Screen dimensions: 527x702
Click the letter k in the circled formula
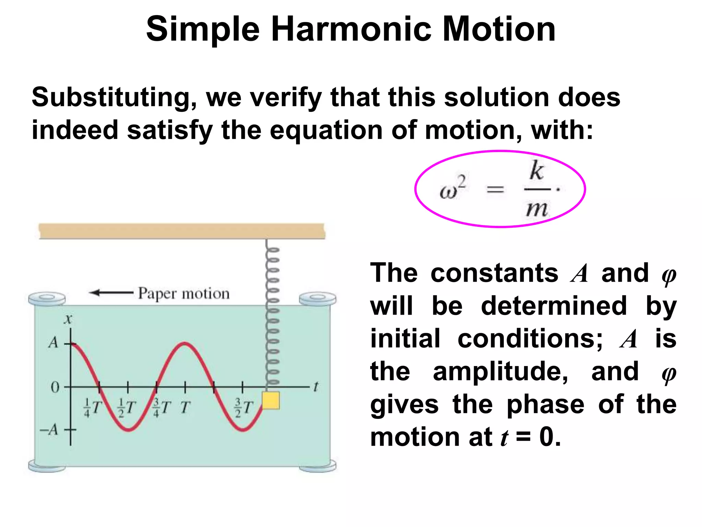pyautogui.click(x=536, y=171)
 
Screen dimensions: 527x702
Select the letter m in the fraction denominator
pyautogui.click(x=536, y=208)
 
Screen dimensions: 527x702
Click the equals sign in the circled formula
pyautogui.click(x=496, y=189)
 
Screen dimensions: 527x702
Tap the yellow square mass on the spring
pyautogui.click(x=271, y=400)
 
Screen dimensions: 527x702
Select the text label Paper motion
pyautogui.click(x=184, y=294)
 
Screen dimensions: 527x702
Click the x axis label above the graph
pyautogui.click(x=68, y=319)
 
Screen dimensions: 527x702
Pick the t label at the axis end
pyautogui.click(x=316, y=387)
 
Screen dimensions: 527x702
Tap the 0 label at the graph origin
pyautogui.click(x=55, y=387)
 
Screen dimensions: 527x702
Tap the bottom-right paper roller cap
pyautogui.click(x=317, y=466)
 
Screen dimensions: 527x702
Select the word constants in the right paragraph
pyautogui.click(x=494, y=273)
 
